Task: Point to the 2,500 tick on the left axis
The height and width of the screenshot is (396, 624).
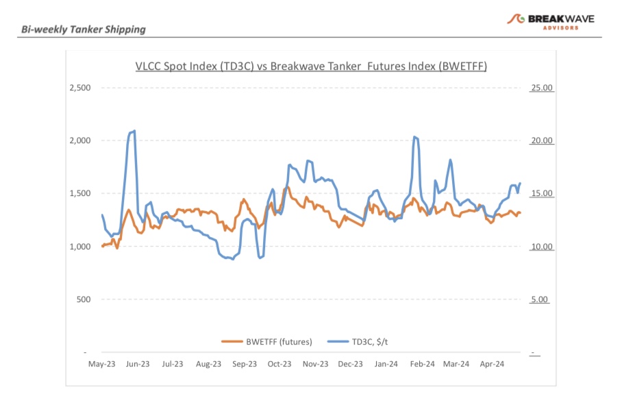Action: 80,88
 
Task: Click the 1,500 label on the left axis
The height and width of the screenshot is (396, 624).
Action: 80,193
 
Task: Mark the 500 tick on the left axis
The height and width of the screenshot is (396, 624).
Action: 84,299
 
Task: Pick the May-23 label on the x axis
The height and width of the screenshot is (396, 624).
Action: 101,364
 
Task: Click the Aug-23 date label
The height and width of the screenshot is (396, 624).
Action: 208,364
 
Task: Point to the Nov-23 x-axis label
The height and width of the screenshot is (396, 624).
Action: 315,364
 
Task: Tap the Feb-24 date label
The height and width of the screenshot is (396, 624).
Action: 422,364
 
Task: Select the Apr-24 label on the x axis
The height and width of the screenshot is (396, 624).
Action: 492,364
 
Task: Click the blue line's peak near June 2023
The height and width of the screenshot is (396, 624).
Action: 134,131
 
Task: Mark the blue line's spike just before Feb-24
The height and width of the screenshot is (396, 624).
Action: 415,137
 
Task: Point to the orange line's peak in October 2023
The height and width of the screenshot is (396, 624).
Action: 287,187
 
